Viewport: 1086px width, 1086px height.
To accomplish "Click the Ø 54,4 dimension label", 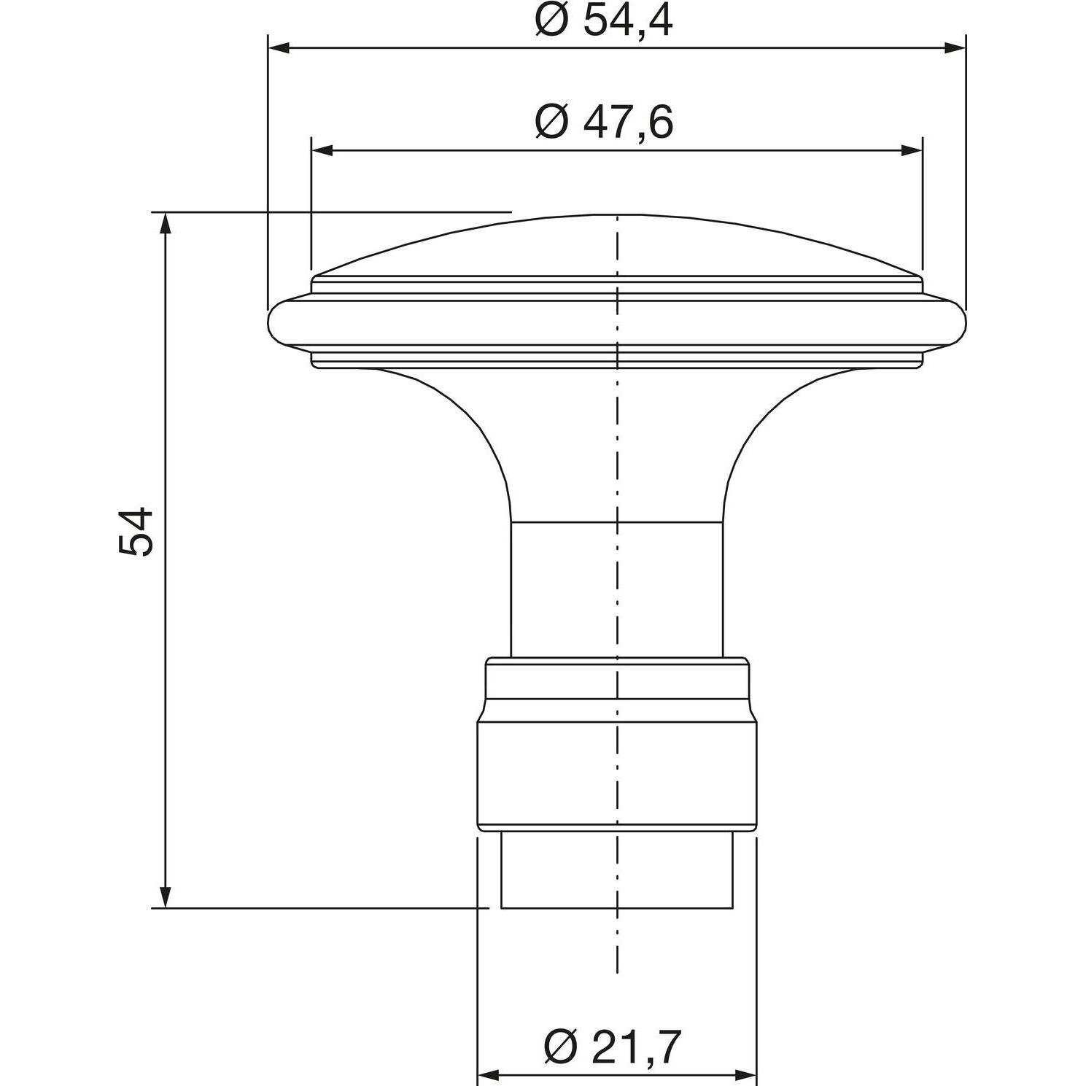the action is (603, 21).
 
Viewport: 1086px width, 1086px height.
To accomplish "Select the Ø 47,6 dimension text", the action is (603, 122).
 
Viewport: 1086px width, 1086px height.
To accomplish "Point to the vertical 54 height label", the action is (136, 532).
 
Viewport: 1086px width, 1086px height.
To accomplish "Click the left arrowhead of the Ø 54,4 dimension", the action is (280, 48).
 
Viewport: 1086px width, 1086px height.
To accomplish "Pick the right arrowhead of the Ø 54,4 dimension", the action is (955, 48).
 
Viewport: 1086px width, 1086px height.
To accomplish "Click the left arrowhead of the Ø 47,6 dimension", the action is (322, 150).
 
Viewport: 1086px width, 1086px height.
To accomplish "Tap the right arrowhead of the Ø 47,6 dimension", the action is (912, 150).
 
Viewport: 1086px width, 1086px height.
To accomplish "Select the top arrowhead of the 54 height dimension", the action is (166, 224).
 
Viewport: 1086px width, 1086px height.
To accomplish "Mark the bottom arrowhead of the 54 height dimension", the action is (166, 896).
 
